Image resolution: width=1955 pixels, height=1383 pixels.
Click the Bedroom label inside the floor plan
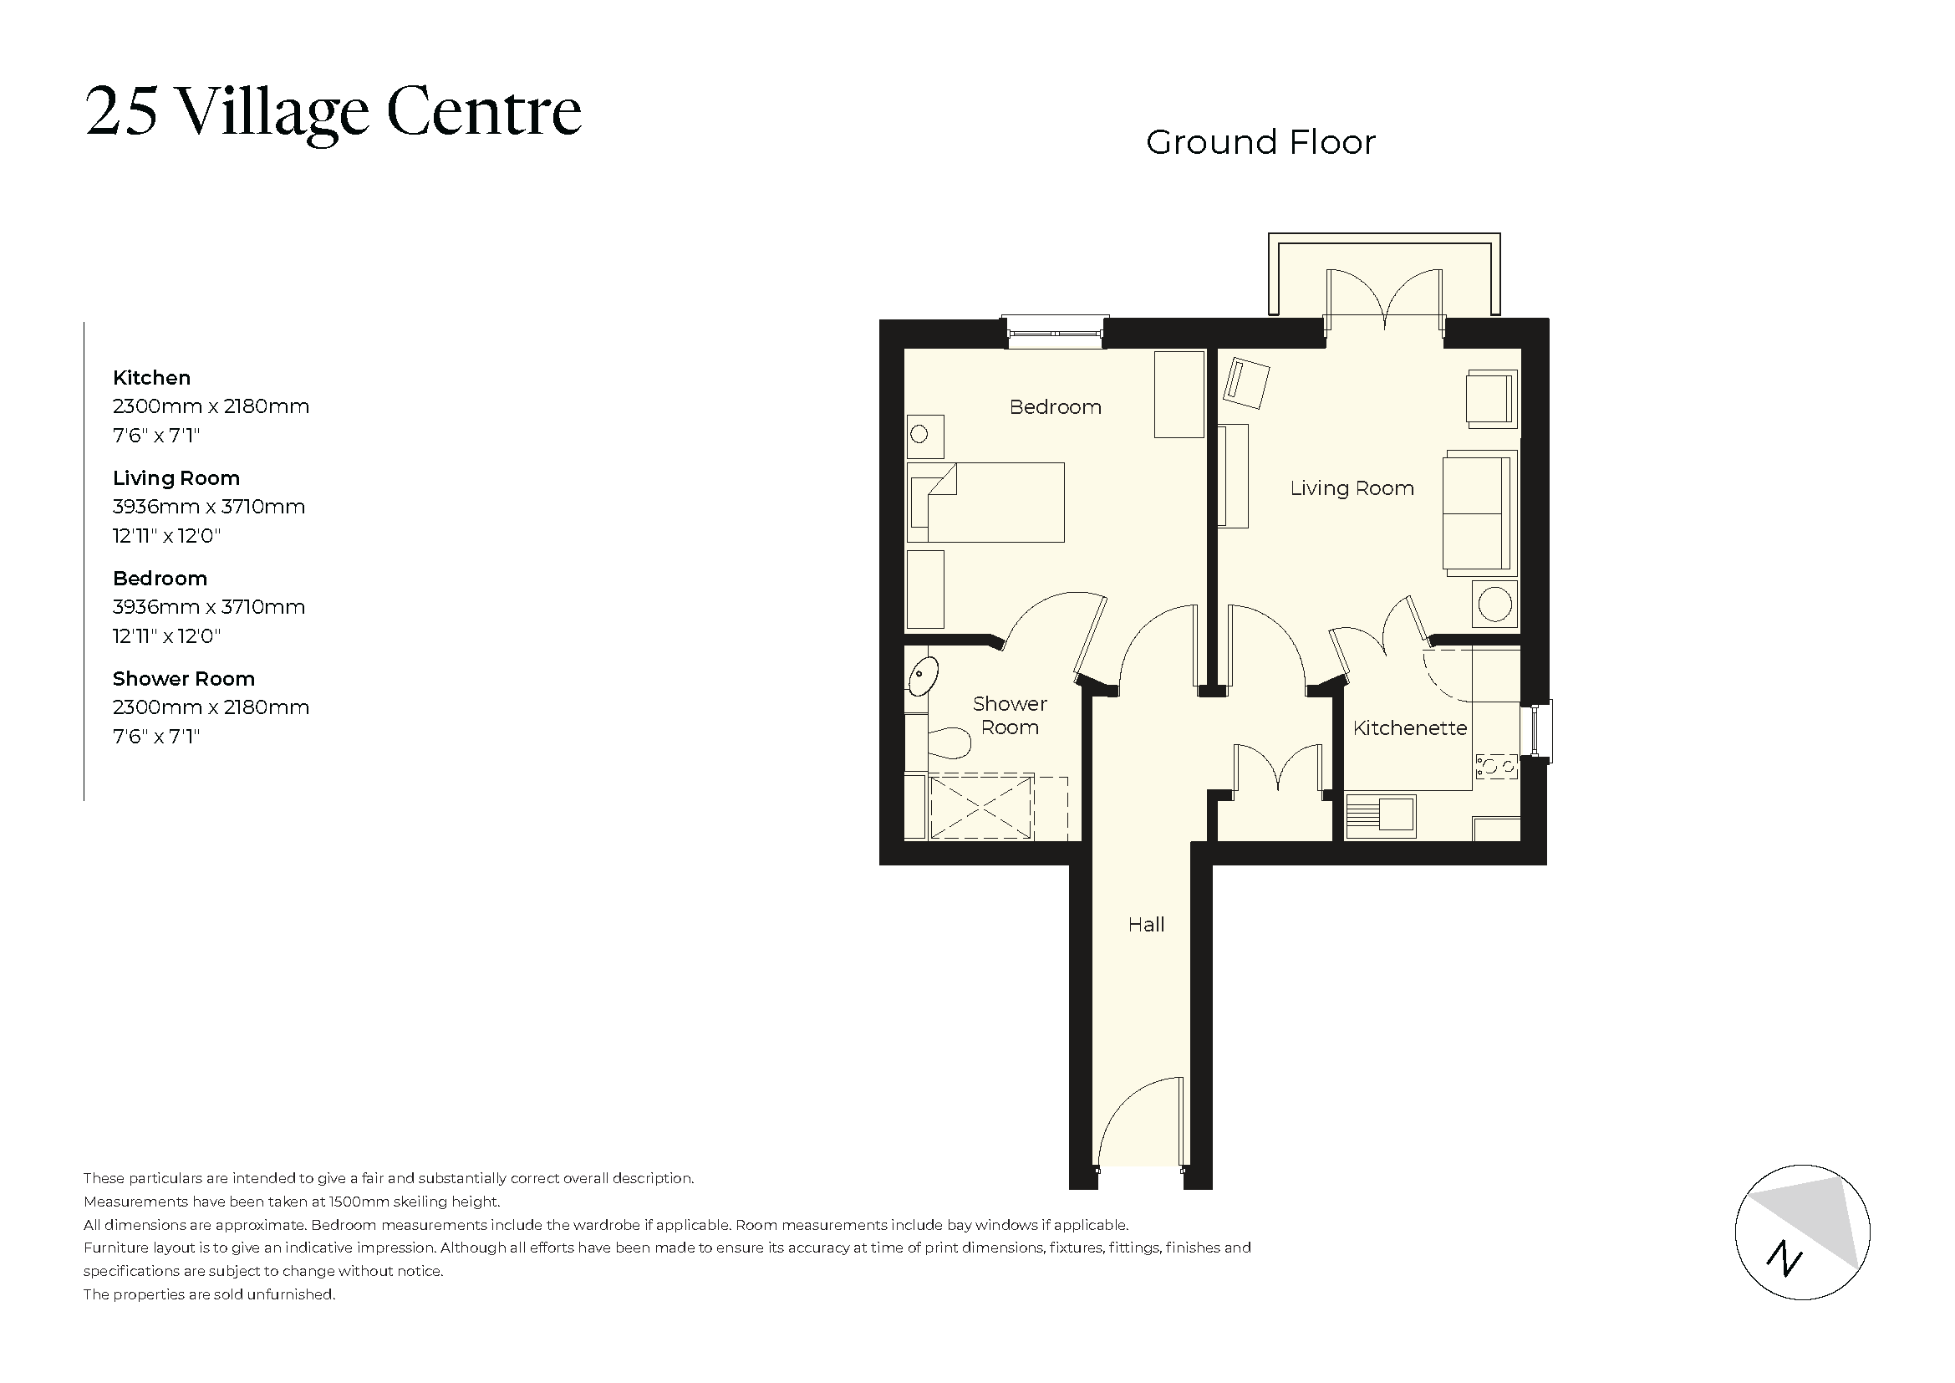(1055, 407)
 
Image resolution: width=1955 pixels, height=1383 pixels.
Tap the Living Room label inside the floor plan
(1352, 488)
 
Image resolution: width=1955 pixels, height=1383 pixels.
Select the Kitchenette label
(1409, 728)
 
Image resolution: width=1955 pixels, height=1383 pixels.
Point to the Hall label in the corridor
(1145, 925)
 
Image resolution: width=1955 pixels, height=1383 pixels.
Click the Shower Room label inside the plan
(1010, 716)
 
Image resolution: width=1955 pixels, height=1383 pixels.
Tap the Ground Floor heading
(1260, 142)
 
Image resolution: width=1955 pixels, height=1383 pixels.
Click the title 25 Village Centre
(333, 111)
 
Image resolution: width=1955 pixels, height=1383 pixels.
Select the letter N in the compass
(1784, 1259)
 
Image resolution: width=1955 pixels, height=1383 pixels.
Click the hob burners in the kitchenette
(1496, 767)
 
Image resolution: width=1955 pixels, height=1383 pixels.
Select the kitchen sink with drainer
(1380, 816)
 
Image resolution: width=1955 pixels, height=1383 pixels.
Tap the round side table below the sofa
(1494, 605)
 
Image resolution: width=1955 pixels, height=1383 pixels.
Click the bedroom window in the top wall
(1054, 332)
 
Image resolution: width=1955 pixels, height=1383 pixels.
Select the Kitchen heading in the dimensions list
(151, 378)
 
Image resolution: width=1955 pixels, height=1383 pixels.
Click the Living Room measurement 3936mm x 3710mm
(209, 507)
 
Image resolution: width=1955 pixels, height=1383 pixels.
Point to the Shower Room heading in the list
(184, 679)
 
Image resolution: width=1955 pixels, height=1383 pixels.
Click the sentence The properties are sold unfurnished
(210, 1294)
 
